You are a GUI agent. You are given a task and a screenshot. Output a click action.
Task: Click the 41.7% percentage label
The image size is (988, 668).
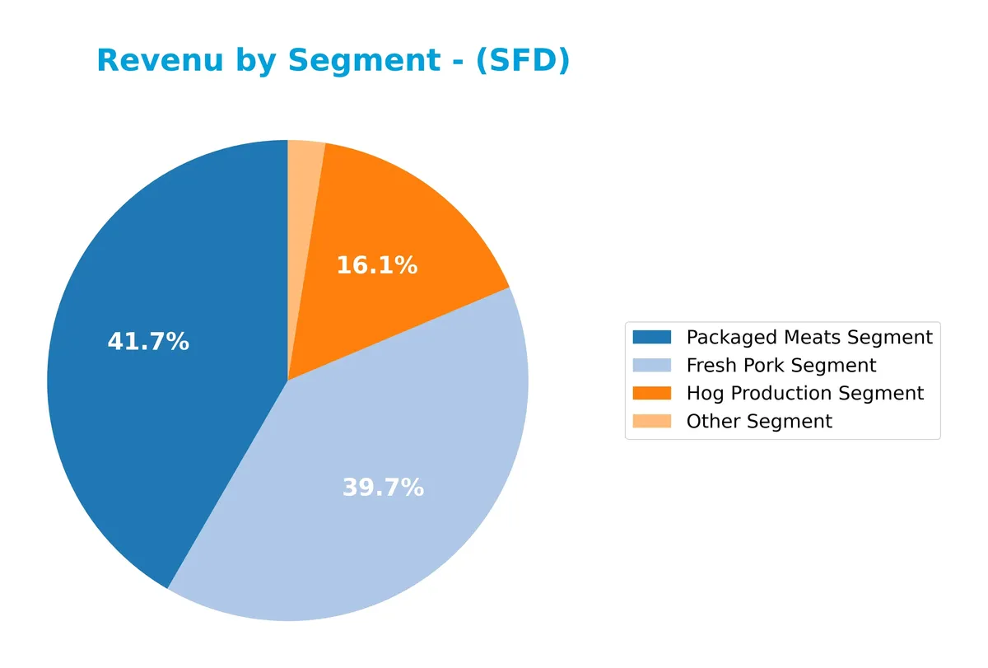pyautogui.click(x=148, y=342)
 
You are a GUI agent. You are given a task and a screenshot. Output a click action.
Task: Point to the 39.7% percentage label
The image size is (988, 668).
pyautogui.click(x=383, y=488)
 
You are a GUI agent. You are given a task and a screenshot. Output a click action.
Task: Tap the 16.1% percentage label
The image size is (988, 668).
pyautogui.click(x=377, y=266)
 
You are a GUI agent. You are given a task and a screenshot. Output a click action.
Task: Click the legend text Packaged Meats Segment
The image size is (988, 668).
pyautogui.click(x=809, y=337)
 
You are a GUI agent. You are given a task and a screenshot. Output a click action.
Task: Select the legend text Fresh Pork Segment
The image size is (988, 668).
pyautogui.click(x=781, y=365)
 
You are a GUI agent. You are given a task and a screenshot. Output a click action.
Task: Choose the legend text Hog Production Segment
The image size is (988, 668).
pyautogui.click(x=805, y=393)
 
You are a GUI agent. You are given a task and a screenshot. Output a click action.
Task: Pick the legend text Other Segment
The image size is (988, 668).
pyautogui.click(x=759, y=421)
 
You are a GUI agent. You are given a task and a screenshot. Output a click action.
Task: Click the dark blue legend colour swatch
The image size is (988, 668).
pyautogui.click(x=652, y=337)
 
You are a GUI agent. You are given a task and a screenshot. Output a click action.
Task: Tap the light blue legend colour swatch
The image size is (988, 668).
pyautogui.click(x=652, y=365)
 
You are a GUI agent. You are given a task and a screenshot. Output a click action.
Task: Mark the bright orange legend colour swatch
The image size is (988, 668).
pyautogui.click(x=652, y=393)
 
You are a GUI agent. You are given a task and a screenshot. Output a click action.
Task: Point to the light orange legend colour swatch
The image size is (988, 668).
pyautogui.click(x=652, y=421)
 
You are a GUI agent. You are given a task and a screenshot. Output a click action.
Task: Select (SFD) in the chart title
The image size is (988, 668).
pyautogui.click(x=523, y=61)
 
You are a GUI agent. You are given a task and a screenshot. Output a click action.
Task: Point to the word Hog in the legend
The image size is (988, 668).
pyautogui.click(x=706, y=394)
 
